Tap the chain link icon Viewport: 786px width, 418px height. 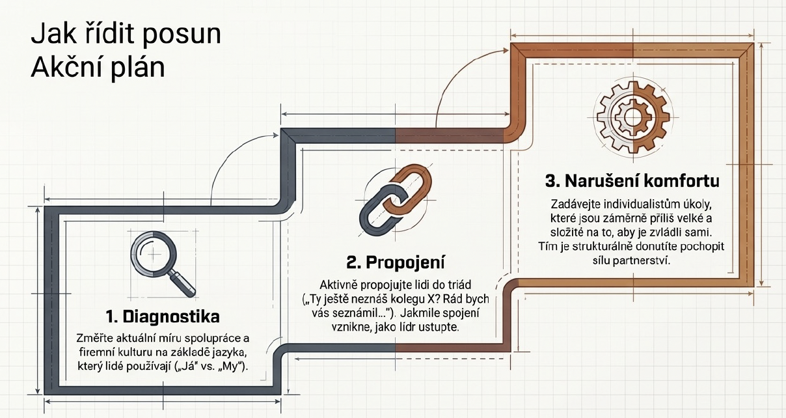(x=396, y=200)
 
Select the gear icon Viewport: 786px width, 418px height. (x=633, y=117)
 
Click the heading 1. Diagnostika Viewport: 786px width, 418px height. (x=163, y=317)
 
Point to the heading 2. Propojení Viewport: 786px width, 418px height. (x=396, y=262)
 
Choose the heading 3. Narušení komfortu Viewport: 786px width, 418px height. (x=632, y=181)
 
